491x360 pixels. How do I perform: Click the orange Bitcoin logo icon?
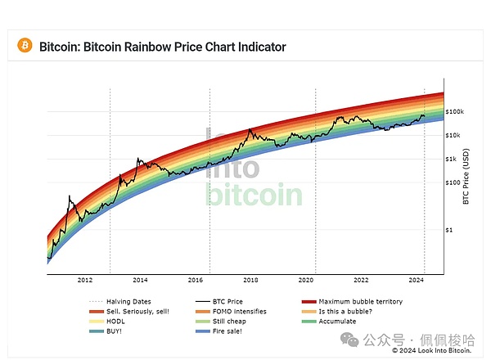24,47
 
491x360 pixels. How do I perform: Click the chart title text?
163,47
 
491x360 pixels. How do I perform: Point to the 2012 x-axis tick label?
84,280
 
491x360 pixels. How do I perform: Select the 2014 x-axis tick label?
140,280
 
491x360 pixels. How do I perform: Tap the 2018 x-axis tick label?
251,280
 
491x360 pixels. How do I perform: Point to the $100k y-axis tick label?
455,111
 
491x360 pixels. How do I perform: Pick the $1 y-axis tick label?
449,231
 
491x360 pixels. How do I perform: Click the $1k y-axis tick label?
451,159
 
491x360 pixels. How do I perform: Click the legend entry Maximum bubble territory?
360,302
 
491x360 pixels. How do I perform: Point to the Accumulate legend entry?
337,322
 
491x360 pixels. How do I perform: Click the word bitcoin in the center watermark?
253,195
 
